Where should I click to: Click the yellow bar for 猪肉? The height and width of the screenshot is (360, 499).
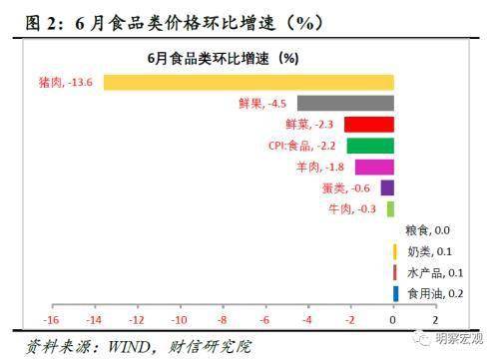[249, 82]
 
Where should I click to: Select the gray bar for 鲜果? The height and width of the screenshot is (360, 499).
[345, 103]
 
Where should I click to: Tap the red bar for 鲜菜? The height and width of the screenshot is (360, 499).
[369, 124]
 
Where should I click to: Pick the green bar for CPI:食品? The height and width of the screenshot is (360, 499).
[370, 146]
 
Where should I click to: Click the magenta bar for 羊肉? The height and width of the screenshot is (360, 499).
[374, 167]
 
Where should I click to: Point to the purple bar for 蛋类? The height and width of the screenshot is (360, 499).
[387, 187]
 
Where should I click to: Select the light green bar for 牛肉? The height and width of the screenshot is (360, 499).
[390, 208]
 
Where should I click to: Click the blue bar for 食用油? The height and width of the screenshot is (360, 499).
[396, 293]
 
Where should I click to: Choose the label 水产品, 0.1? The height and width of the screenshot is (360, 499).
[429, 272]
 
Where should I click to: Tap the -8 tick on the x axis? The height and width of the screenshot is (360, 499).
[223, 320]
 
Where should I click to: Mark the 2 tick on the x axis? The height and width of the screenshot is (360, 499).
[436, 320]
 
